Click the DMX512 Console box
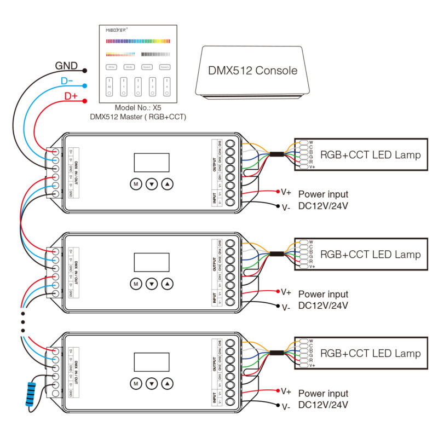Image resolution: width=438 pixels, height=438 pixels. coord(252,71)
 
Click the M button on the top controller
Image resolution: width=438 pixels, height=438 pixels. coord(135,184)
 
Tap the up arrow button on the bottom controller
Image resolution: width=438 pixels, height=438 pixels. coord(168,383)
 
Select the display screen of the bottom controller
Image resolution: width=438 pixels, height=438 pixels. coord(152,362)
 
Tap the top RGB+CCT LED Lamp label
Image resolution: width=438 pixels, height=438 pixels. coord(370,155)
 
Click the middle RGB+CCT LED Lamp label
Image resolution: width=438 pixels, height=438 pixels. coord(370,255)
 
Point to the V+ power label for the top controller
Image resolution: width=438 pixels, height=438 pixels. coord(286,192)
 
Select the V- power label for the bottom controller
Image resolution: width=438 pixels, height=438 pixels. coord(286,406)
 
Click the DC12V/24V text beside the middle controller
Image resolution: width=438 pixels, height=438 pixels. coord(323,306)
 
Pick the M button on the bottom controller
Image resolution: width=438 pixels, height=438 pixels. coord(135,383)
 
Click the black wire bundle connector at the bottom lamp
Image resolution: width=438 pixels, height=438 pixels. coord(278,354)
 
